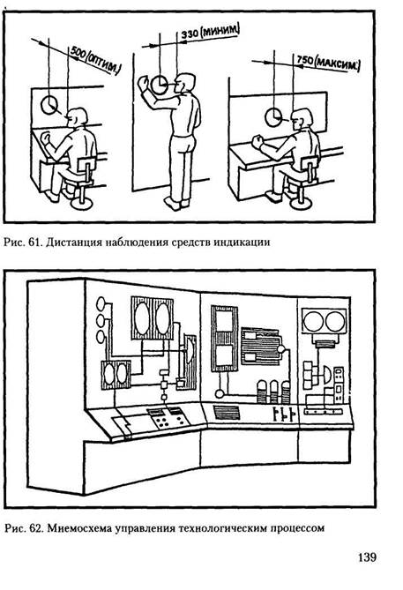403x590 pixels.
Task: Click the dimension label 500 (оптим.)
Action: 95,61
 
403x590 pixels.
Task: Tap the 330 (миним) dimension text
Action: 210,32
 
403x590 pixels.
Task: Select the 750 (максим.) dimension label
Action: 328,63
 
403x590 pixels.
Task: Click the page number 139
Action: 367,556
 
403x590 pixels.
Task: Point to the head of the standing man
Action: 185,83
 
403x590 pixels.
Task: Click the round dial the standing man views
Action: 160,85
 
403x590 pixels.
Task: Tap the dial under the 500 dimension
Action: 49,105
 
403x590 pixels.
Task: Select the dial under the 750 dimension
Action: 273,117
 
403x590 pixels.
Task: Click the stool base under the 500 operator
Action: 82,203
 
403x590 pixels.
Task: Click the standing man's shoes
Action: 176,203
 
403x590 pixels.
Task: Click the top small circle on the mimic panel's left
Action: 101,302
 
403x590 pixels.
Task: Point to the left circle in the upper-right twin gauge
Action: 313,321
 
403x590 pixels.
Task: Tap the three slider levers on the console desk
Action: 283,413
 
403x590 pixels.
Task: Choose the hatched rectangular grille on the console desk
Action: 227,413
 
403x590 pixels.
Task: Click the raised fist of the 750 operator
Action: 257,142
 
